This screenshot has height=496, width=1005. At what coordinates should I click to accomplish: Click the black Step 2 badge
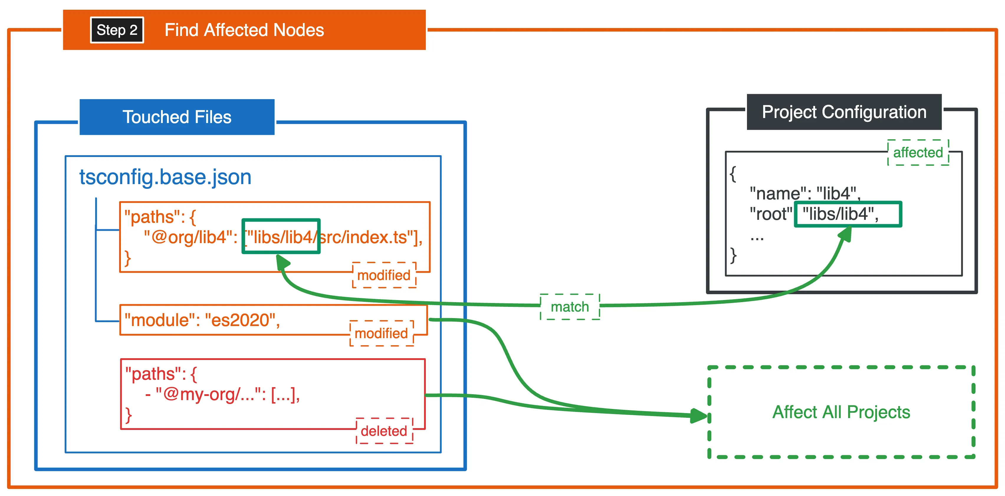117,30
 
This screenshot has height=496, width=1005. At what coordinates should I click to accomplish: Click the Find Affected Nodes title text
244,30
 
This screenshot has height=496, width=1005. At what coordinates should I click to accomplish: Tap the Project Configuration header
844,112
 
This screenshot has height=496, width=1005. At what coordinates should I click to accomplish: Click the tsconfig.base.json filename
165,177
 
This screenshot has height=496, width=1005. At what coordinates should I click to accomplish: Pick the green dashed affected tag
918,153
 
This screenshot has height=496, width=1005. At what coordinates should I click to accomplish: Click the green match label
570,307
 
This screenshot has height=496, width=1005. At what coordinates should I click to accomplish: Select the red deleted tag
384,431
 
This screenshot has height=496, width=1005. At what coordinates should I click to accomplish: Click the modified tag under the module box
381,333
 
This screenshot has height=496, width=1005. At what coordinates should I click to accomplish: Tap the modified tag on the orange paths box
384,275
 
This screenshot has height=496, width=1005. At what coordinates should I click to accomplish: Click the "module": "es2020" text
202,320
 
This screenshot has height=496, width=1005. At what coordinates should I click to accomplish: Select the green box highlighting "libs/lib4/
281,236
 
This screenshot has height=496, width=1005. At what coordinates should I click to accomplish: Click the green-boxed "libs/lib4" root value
848,214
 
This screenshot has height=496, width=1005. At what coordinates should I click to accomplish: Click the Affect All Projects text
841,412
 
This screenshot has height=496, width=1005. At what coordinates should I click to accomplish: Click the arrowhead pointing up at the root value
845,235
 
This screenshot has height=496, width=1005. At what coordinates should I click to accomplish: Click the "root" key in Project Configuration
771,214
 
